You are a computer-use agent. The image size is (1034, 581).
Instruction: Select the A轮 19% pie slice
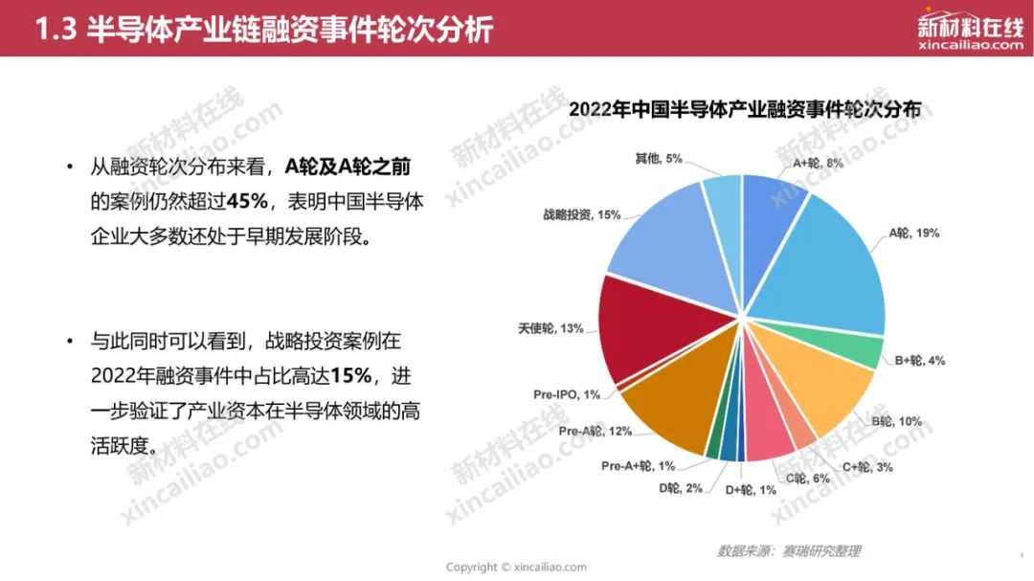pos(824,270)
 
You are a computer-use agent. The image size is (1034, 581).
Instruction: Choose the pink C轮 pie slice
pos(768,429)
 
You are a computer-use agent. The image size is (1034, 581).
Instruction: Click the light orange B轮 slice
pos(818,383)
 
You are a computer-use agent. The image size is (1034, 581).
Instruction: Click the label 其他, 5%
pos(658,159)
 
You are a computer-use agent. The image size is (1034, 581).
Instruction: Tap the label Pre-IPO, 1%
pos(567,394)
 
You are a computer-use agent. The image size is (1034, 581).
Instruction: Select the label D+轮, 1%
pos(751,490)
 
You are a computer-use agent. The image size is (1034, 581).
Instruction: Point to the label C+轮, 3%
pos(867,467)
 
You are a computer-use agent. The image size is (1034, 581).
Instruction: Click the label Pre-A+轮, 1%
pos(638,465)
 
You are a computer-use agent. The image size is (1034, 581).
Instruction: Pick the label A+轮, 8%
pos(818,163)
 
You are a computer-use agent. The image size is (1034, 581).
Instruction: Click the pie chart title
pos(745,109)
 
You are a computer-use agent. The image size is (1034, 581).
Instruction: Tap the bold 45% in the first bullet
pos(247,200)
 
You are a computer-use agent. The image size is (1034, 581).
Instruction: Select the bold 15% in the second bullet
pos(350,375)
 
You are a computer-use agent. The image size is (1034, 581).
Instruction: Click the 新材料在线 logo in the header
pos(970,31)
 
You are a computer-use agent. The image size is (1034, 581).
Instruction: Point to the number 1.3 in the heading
pos(56,30)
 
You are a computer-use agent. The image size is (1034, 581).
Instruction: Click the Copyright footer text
pos(516,568)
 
